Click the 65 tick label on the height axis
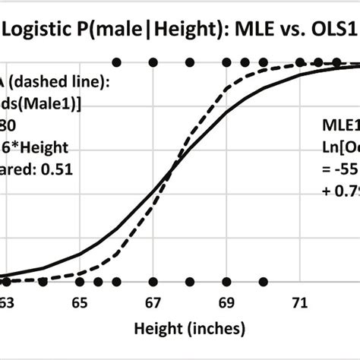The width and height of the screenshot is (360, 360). [x=80, y=302]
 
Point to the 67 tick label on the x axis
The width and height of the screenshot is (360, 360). [x=153, y=302]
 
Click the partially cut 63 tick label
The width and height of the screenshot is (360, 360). [x=7, y=302]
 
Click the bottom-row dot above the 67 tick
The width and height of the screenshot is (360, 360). [x=153, y=282]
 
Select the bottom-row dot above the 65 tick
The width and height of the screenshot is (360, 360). [x=80, y=282]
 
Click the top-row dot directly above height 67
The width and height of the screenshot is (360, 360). [x=153, y=62]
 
